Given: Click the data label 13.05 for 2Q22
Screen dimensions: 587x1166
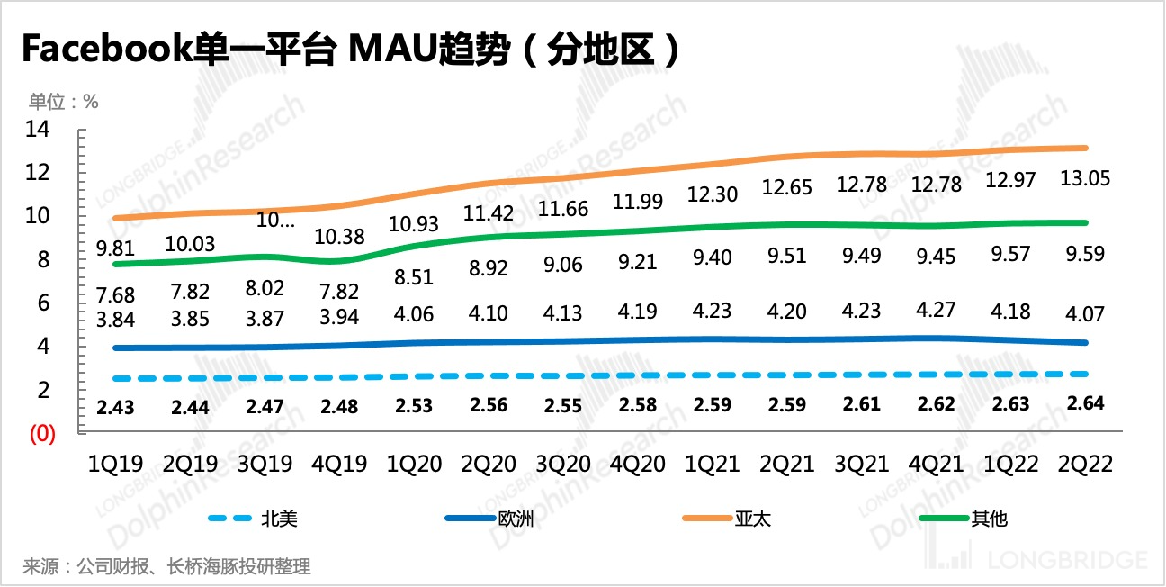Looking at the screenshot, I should click(1084, 178).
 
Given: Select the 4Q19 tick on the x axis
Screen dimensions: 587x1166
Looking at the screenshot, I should click(338, 465).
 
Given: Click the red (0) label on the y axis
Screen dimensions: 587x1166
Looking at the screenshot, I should click(43, 433).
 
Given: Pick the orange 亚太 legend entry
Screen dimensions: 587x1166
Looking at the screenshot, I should click(753, 519).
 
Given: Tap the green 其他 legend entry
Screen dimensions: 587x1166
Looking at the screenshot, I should click(989, 519).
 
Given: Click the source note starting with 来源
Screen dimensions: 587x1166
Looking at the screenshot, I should click(166, 567).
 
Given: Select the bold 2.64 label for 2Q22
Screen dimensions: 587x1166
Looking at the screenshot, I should click(1084, 402).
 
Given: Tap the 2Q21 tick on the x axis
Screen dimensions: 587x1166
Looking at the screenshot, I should click(786, 465).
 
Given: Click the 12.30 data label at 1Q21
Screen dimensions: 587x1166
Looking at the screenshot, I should click(712, 194).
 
